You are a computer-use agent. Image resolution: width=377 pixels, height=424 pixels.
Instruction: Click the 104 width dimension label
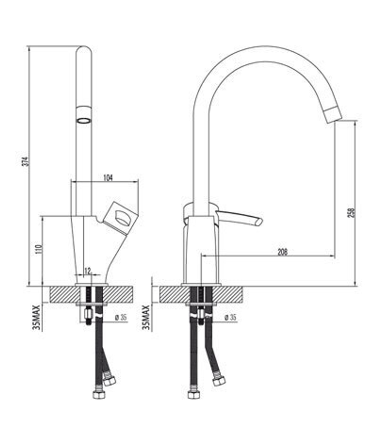(x=108, y=178)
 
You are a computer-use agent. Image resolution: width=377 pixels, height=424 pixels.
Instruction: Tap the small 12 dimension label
(x=87, y=270)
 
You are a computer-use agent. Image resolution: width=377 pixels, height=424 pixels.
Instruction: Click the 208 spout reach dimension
(x=282, y=252)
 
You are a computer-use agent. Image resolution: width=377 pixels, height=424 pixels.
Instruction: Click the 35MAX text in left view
(x=37, y=317)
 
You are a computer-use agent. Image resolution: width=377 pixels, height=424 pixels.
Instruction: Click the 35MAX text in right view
(x=146, y=317)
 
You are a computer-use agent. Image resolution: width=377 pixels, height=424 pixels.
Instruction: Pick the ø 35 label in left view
(x=121, y=317)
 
